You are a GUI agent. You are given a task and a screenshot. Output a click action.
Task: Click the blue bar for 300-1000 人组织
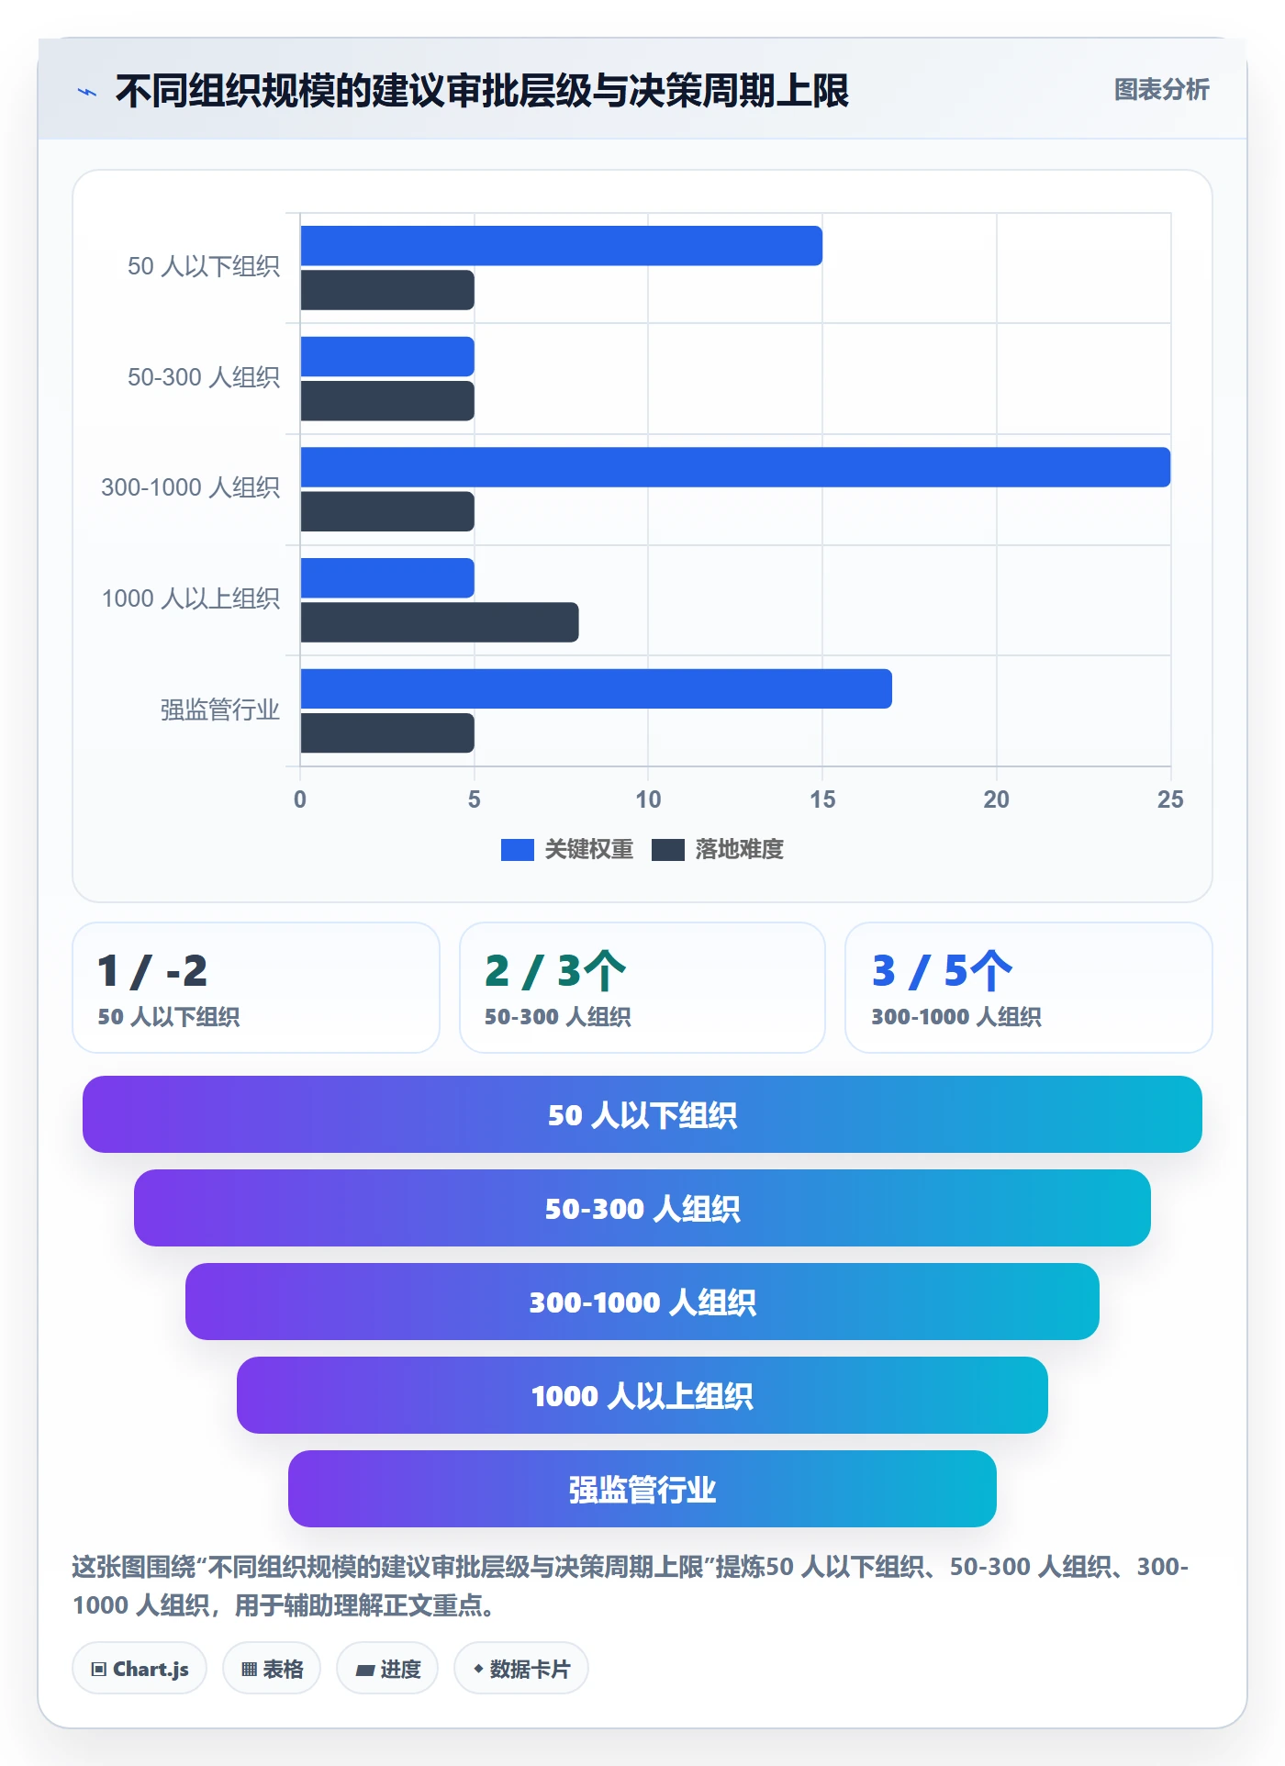(735, 467)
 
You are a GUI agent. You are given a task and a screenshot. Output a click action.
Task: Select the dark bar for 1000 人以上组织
(440, 622)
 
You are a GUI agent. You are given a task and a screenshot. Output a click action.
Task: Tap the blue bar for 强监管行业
(596, 688)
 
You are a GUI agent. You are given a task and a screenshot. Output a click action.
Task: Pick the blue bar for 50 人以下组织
(561, 246)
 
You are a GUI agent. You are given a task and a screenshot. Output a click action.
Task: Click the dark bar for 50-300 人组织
(387, 401)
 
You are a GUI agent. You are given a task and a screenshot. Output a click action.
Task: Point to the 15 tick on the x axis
(822, 799)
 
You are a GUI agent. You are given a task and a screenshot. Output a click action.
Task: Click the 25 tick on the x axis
(1170, 799)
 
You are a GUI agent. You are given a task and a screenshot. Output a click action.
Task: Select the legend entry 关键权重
(567, 849)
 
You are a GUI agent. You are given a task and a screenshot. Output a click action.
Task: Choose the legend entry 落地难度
(718, 849)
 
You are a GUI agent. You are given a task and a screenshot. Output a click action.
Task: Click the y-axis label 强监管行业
(220, 710)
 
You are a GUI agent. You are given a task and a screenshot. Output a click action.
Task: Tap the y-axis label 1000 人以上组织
(191, 598)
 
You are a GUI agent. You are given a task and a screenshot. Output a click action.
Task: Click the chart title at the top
(482, 91)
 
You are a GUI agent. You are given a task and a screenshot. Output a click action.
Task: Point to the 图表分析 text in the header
(1162, 90)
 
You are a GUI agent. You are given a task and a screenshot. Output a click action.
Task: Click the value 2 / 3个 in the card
(555, 971)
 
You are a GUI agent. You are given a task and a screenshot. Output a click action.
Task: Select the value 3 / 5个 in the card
(942, 971)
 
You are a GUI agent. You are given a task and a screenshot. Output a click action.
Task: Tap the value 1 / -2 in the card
(152, 971)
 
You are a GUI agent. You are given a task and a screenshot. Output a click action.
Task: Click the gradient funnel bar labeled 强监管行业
(642, 1489)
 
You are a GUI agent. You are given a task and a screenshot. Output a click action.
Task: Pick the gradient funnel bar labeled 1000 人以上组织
(642, 1395)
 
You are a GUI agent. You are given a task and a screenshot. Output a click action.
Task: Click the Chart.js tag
(140, 1669)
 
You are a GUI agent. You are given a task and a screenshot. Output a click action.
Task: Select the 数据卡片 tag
(521, 1669)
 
